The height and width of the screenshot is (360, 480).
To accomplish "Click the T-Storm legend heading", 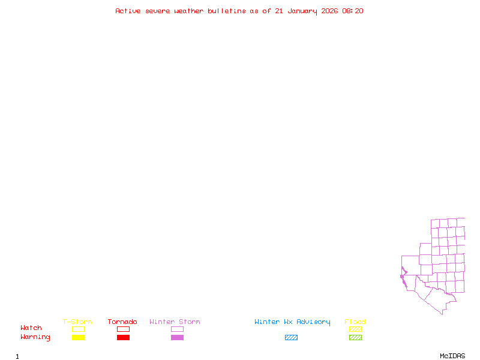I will coord(77,322).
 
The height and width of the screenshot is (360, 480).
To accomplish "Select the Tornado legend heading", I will coord(122,322).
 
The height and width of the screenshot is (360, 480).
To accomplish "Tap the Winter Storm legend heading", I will coord(175,322).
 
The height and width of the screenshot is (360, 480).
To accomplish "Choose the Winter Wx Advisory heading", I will coord(292,322).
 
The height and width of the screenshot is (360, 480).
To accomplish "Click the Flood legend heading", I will coord(355,322).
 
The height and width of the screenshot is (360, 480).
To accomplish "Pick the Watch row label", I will coord(31,328).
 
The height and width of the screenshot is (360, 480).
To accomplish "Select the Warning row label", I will coord(35,337).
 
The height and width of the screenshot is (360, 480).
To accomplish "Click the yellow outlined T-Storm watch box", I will coord(78,329).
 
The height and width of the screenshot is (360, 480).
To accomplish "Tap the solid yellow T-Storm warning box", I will coord(78,338).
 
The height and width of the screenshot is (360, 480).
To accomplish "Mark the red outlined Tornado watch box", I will coord(123,329).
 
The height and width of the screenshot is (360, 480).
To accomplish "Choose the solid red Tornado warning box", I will coord(123,338).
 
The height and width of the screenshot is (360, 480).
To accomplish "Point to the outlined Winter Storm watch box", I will coord(177,329).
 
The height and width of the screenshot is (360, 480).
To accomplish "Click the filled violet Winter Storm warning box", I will coord(177,338).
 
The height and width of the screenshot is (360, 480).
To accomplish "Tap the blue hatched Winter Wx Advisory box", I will coord(291,338).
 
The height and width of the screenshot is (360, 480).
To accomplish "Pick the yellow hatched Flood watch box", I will coord(355,329).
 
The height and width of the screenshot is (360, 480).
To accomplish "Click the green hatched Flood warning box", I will coord(355,338).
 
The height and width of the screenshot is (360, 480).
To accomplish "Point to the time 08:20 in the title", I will coord(353,11).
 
